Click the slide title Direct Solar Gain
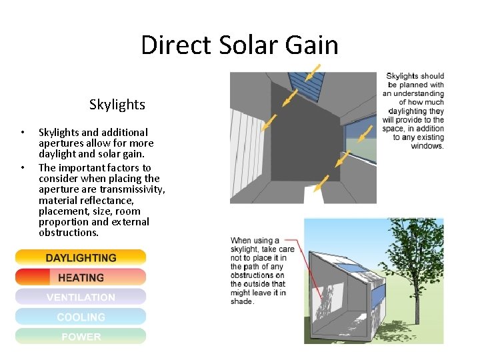pos(239,45)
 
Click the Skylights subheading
pos(117,105)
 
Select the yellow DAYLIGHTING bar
pos(81,258)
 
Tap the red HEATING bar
pos(81,277)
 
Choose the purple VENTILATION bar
pos(81,297)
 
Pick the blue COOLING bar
pos(81,317)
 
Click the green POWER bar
pos(81,337)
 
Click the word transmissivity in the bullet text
pos(133,189)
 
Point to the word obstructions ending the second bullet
pos(69,233)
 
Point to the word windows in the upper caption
pos(427,146)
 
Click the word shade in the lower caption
pos(241,301)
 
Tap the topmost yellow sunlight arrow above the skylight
pos(313,72)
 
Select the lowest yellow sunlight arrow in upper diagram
pos(321,183)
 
